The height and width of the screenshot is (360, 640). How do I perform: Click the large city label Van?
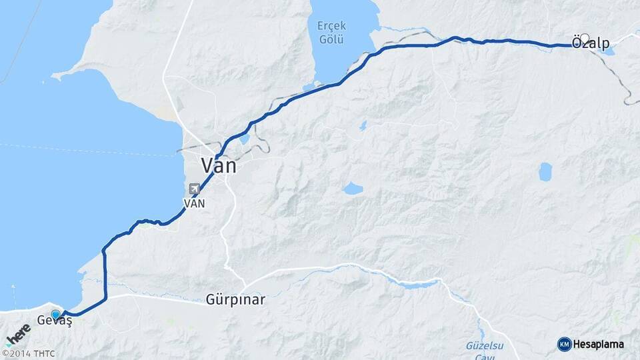[x=219, y=165]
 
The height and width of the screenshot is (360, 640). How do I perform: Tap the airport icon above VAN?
[x=194, y=189]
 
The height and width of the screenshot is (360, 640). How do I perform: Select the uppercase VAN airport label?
[x=194, y=203]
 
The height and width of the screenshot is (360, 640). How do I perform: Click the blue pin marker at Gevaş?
[x=56, y=314]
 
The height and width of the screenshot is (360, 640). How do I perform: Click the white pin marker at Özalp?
[x=585, y=39]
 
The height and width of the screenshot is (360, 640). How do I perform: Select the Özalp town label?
[x=591, y=44]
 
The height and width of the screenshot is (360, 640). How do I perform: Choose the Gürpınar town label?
[x=235, y=300]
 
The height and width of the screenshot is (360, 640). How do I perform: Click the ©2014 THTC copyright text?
[x=28, y=353]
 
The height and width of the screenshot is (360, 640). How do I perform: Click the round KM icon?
[x=564, y=344]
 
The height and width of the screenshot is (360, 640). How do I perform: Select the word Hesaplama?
[x=599, y=344]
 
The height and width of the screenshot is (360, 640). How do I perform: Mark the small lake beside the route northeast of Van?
[x=243, y=139]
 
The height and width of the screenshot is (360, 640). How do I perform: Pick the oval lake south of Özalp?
[x=545, y=171]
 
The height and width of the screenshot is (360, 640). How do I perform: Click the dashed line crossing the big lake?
[x=87, y=149]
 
